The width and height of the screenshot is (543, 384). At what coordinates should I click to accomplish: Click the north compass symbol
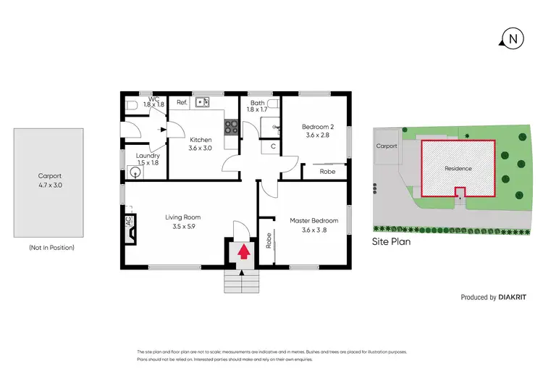coord(512,38)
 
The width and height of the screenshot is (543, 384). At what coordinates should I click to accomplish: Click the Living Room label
coord(182,217)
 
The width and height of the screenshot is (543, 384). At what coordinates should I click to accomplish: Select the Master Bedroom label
coord(314,220)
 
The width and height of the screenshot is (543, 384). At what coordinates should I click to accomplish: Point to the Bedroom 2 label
coord(317,127)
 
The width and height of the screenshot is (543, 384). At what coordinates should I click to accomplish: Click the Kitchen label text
coord(201,140)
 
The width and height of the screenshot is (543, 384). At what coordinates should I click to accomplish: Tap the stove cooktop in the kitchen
coord(232,127)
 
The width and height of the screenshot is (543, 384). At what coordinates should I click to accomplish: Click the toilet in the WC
coord(131,107)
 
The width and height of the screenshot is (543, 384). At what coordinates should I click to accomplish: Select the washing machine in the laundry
coord(132,172)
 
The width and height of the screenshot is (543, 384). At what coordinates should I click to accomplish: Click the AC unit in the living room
coord(130,223)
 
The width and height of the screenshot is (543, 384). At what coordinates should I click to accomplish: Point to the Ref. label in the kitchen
coord(182,103)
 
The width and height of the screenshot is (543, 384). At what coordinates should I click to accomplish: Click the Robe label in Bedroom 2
coord(327,172)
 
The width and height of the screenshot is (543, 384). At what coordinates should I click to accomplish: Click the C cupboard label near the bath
coord(272,147)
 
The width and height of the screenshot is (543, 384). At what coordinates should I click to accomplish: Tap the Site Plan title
coord(391,242)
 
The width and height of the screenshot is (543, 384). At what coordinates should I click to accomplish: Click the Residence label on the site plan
coord(458,169)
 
